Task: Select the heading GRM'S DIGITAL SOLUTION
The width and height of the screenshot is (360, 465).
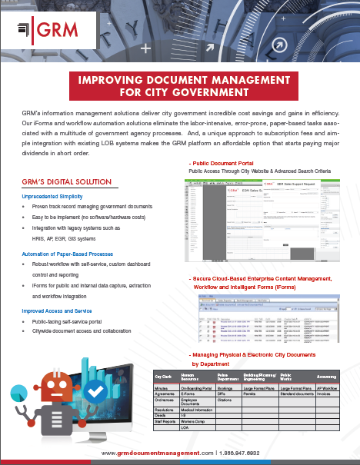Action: pyautogui.click(x=68, y=182)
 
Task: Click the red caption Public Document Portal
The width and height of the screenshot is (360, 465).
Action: pyautogui.click(x=227, y=164)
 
